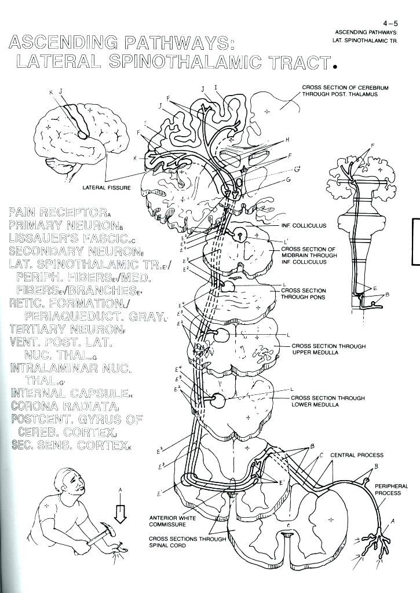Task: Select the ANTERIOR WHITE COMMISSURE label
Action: click(168, 521)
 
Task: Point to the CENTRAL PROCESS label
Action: click(357, 455)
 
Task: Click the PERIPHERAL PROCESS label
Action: click(391, 490)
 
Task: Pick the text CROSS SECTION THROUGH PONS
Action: click(304, 294)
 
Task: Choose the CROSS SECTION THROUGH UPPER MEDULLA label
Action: click(328, 349)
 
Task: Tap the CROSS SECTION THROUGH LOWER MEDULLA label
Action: click(328, 401)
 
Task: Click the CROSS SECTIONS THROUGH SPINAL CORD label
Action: click(180, 542)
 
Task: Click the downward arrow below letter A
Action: click(120, 513)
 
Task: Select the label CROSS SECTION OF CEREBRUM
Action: click(345, 87)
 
